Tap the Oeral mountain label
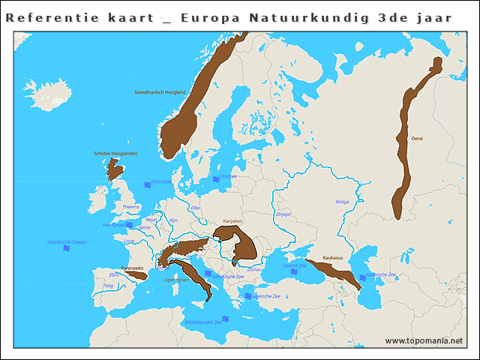(417, 138)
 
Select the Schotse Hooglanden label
(115, 153)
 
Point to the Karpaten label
(233, 222)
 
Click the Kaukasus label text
(332, 257)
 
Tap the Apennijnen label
(178, 280)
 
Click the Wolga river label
(342, 202)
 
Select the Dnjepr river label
(283, 214)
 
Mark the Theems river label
(130, 206)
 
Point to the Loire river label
(129, 241)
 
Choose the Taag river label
(108, 285)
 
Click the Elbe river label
(195, 207)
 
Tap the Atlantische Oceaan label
(67, 241)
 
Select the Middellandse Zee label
(202, 322)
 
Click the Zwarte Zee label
(294, 265)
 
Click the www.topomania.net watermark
(424, 340)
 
